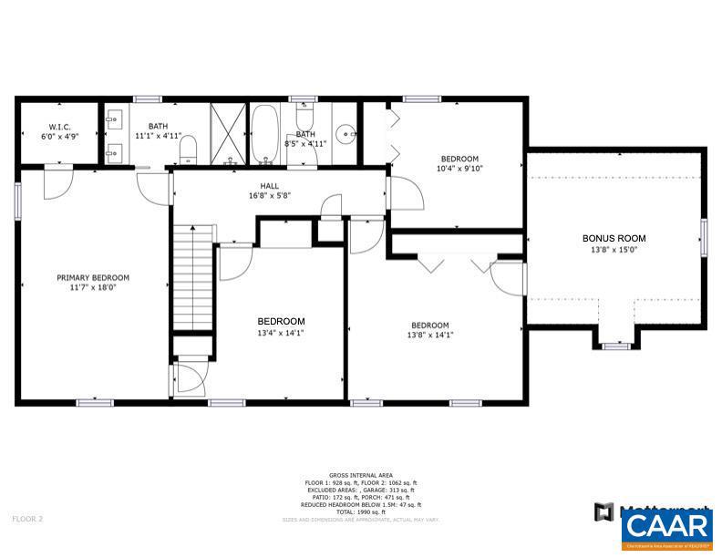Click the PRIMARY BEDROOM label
93,278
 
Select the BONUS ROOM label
614,239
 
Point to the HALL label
270,185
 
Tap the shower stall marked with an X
228,134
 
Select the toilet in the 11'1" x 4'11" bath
188,149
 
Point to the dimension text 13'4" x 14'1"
281,333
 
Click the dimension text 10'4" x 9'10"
459,168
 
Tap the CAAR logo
668,528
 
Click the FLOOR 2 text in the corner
27,519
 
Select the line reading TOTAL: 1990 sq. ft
361,511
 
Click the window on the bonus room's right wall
703,239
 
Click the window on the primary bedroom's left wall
17,201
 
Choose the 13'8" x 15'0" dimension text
614,249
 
